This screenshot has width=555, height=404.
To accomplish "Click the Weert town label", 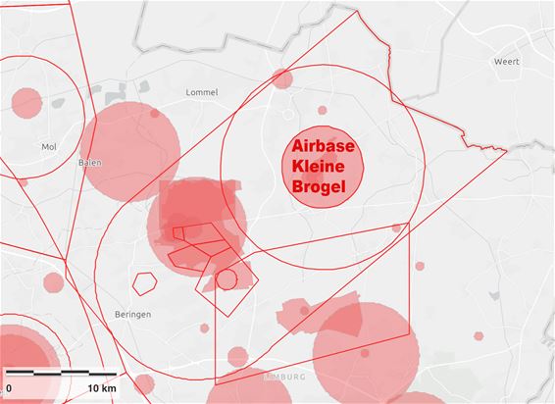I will click(x=506, y=61).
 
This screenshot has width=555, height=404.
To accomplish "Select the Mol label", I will click(x=49, y=147).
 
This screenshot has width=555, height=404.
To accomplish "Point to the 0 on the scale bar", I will click(x=9, y=390).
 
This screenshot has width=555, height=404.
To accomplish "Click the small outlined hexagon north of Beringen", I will click(x=145, y=283).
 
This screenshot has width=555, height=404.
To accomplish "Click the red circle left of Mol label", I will click(x=26, y=102).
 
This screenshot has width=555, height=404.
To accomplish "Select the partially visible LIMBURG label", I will click(x=286, y=377).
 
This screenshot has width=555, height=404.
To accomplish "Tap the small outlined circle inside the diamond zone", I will click(x=227, y=279).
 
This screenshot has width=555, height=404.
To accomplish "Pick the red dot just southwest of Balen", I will click(x=23, y=181).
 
